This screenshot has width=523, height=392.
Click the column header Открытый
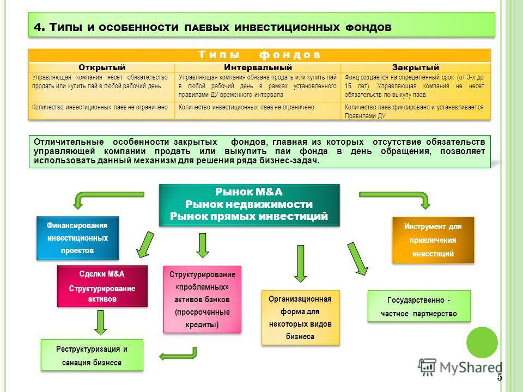pos(101,67)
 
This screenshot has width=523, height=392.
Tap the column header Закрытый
pos(415,67)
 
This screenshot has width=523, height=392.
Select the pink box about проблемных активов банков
pos(202,299)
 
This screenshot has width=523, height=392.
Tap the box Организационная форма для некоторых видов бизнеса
pos(300,317)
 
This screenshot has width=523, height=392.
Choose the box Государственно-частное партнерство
pos(418,307)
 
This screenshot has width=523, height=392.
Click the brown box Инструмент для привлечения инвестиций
pos(433,240)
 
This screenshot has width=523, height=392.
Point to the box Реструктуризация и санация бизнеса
pos(92,356)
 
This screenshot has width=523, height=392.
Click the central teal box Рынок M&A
pos(250,204)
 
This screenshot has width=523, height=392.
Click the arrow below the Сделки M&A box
pos(100,322)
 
